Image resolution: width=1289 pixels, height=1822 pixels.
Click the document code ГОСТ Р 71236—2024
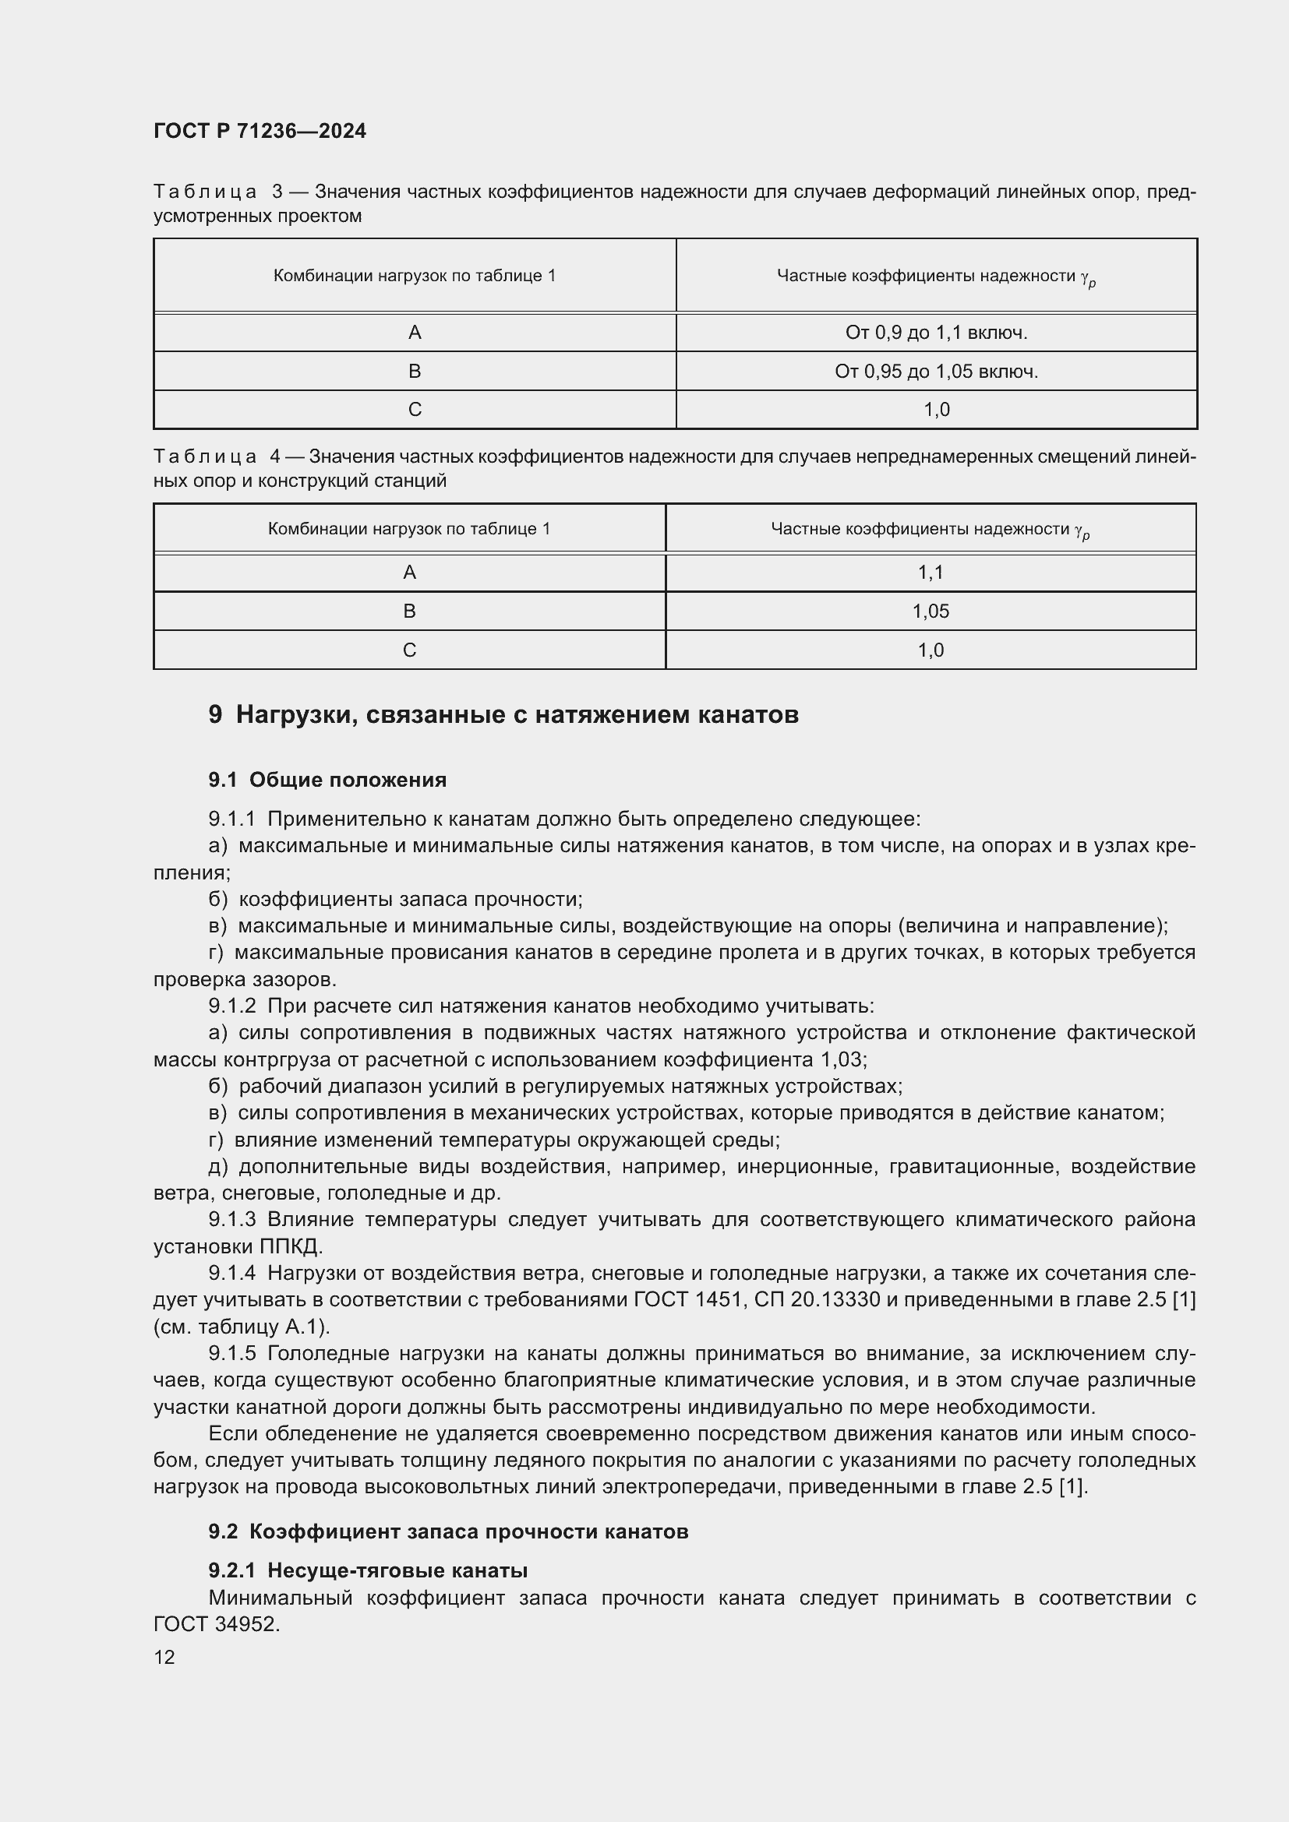260,131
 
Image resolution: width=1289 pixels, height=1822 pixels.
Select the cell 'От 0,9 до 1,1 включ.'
936,333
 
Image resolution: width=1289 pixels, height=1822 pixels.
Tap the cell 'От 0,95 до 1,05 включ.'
936,372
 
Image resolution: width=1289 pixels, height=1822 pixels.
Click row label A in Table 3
415,333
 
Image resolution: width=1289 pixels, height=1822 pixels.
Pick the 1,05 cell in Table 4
931,611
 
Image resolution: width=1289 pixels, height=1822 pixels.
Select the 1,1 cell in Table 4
931,573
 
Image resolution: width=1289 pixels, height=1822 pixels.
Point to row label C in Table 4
410,650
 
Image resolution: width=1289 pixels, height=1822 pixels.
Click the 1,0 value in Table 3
936,410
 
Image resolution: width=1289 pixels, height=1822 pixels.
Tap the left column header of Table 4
409,528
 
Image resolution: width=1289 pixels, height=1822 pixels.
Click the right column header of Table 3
936,277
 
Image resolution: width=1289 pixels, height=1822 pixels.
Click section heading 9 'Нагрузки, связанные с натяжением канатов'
503,715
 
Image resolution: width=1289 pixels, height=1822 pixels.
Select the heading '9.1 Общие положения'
327,780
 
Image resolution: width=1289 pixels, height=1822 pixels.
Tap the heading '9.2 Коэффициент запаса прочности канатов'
447,1531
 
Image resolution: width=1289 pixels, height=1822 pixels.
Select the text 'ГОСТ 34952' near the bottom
216,1624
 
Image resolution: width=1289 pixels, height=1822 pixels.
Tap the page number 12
164,1657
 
